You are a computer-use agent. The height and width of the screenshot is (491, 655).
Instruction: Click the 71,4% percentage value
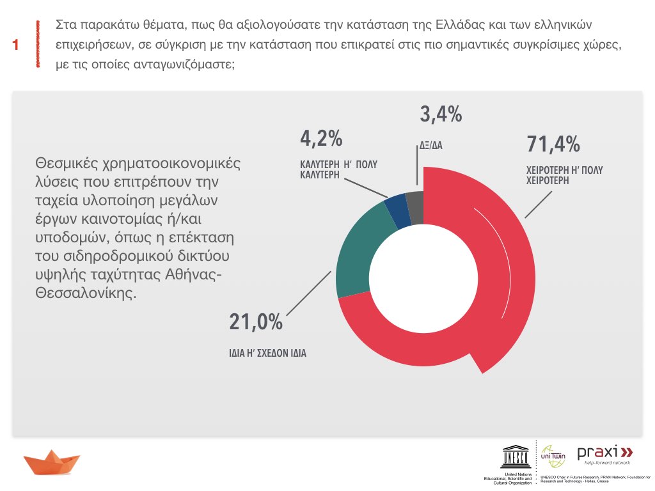tap(553, 144)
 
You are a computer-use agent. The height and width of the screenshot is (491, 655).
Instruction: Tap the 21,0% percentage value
tap(256, 322)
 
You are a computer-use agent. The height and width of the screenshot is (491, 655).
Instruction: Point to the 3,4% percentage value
tap(441, 115)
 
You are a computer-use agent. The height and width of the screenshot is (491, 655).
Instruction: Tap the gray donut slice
tap(415, 207)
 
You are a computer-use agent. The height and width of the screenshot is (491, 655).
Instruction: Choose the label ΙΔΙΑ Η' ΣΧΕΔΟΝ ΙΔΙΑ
tap(268, 352)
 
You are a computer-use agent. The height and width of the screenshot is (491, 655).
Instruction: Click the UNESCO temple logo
tap(514, 456)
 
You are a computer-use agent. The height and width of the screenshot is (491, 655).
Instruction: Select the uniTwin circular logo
tap(553, 456)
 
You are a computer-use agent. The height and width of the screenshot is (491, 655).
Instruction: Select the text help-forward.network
tap(603, 462)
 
